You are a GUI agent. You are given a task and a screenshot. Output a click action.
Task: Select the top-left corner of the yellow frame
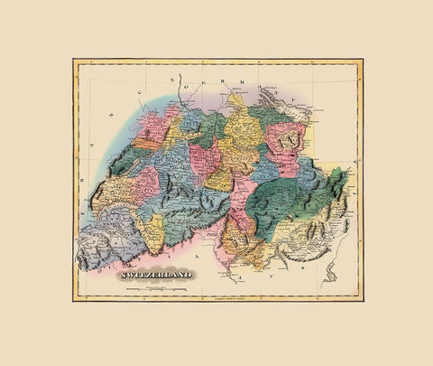coord(73,60)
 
